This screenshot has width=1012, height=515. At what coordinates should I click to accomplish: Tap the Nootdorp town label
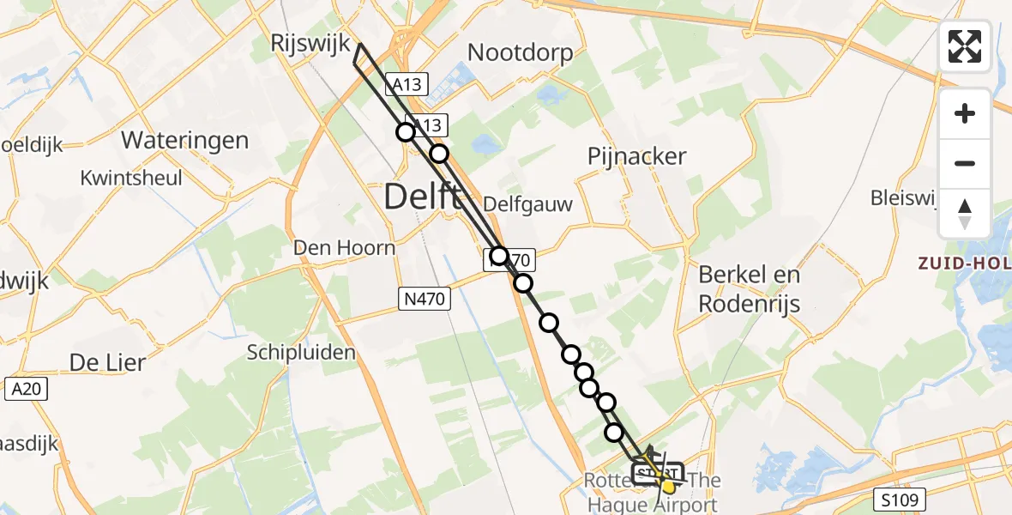[x=520, y=53]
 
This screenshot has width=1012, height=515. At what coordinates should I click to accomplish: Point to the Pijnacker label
[x=636, y=156]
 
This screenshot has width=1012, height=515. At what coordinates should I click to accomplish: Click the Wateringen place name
[x=184, y=140]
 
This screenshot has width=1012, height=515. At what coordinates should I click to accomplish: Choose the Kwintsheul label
[x=131, y=178]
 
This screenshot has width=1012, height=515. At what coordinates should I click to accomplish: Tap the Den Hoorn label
[x=344, y=248]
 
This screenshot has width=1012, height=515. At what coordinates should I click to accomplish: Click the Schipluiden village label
[x=301, y=352]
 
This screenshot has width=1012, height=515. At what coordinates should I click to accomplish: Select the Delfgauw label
[x=527, y=204]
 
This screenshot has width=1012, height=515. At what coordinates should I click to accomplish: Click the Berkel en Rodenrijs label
[x=749, y=288]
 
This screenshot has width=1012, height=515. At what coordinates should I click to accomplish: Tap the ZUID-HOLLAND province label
[x=965, y=264]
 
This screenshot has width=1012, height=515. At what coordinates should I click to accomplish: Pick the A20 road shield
[x=26, y=389]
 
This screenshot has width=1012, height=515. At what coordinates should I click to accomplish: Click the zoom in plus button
[x=965, y=113]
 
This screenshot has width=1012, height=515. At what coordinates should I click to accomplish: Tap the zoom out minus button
[x=965, y=163]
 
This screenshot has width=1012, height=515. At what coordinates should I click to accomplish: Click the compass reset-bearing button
[x=965, y=213]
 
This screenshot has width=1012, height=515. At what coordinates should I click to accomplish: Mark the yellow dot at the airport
[x=669, y=487]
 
